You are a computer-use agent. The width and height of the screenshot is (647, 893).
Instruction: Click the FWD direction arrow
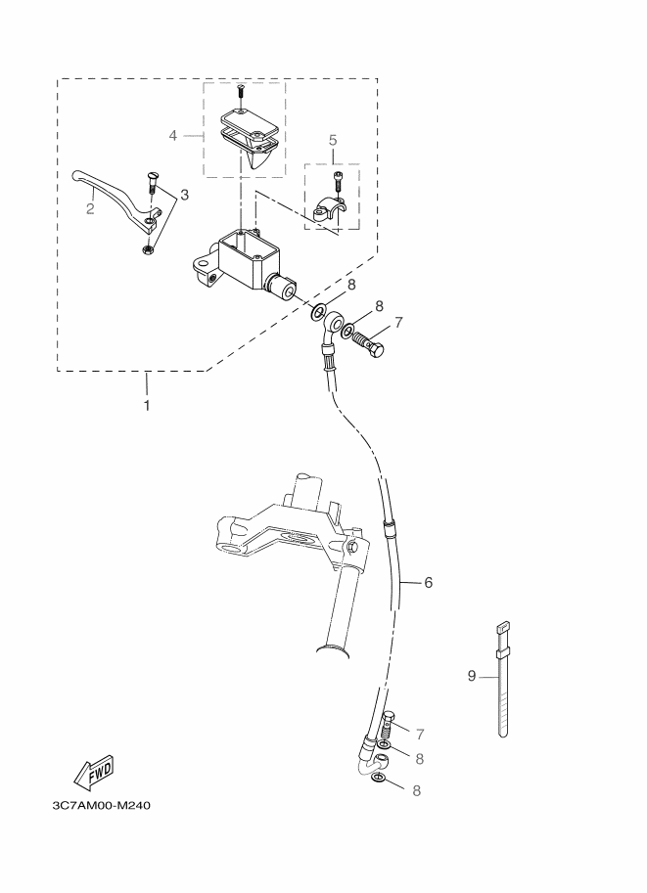94,773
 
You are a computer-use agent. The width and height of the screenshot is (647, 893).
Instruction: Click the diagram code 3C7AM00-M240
102,805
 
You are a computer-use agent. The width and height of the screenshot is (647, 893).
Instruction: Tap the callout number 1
147,406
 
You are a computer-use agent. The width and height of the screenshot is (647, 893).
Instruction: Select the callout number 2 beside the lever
90,208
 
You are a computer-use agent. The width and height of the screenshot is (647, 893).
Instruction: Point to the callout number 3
184,195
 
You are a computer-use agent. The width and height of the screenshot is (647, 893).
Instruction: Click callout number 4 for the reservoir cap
173,136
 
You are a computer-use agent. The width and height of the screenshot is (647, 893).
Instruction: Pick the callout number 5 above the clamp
333,140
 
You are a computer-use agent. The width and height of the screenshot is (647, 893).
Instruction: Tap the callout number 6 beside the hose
428,582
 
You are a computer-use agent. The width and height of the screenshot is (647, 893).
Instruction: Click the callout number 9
472,676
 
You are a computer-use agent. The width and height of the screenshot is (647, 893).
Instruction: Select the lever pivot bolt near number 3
152,182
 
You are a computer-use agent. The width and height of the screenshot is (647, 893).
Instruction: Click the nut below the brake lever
147,248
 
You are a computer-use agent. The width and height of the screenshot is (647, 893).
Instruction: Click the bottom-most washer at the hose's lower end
378,778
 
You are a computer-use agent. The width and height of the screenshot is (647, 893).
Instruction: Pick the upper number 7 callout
398,323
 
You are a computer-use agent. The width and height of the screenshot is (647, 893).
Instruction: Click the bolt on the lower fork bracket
351,548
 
